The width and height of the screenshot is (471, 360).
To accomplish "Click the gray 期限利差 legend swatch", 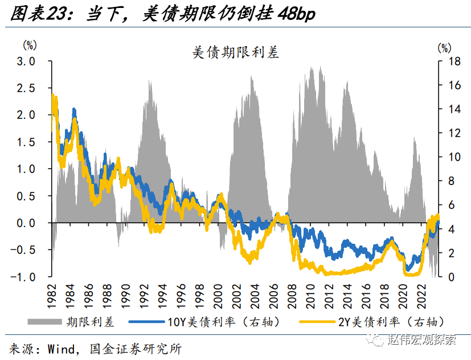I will point(43,322).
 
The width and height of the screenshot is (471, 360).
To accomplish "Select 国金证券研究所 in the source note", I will point(136,347).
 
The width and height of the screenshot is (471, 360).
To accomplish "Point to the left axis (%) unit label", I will point(30,45).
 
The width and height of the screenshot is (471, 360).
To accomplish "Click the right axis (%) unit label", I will point(444,47).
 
